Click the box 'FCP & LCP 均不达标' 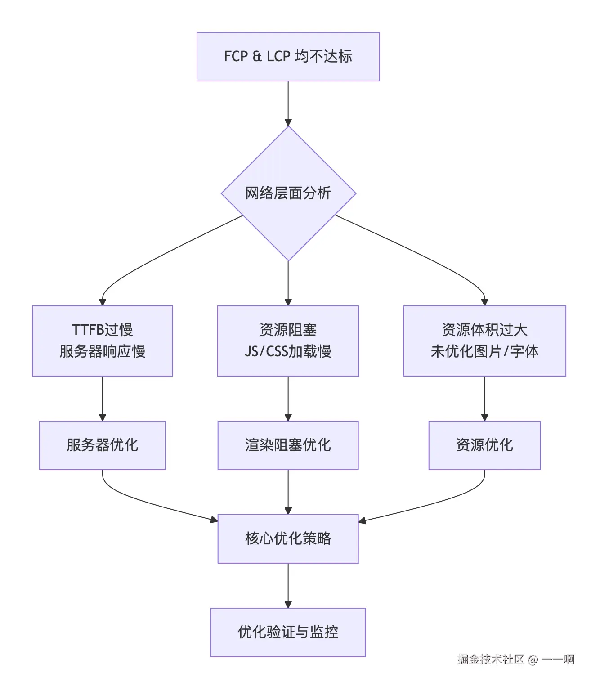tap(288, 57)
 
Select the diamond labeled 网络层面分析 tap(288, 193)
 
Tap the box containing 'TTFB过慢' tap(103, 341)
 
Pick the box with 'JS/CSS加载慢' tap(288, 341)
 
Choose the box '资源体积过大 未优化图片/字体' tap(484, 341)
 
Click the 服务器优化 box tap(103, 445)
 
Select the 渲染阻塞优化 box tap(288, 445)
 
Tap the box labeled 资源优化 tap(484, 445)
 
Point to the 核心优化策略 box tap(288, 538)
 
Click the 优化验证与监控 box tap(288, 632)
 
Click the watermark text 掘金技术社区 tap(491, 660)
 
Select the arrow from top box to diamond tap(288, 103)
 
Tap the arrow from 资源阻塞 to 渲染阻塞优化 tap(288, 398)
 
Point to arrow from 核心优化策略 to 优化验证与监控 tap(288, 585)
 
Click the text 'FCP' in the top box tap(236, 57)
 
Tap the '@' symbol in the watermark tap(533, 660)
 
